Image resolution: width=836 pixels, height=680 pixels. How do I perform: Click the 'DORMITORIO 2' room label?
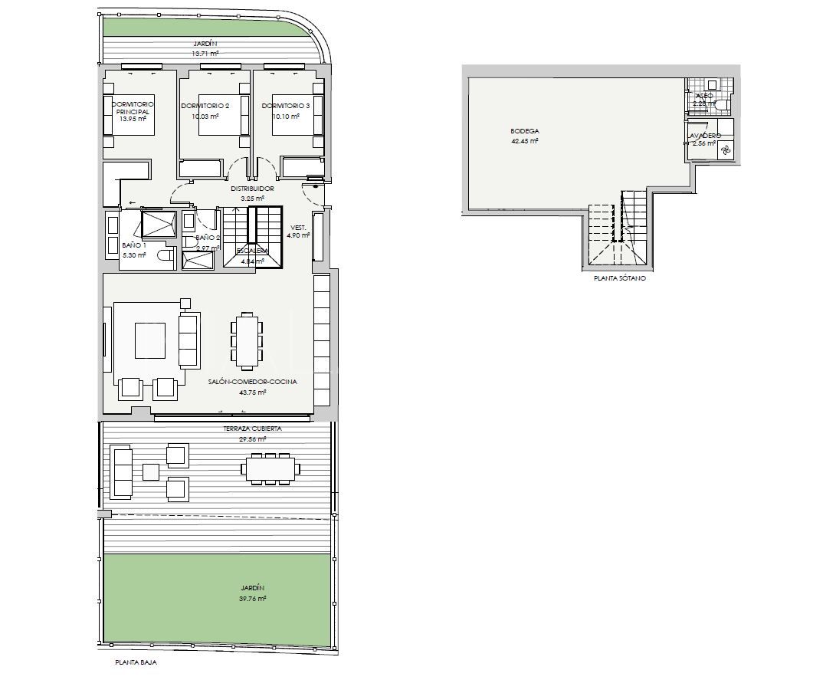(205, 106)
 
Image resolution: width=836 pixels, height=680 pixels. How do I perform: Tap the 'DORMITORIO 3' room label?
(285, 106)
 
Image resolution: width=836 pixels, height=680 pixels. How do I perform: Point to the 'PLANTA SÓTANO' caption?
(620, 279)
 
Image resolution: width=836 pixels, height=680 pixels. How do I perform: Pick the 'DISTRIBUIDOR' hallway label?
(252, 188)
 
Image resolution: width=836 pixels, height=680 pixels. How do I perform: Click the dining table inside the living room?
(246, 340)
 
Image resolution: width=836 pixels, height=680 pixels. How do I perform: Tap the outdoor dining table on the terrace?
(270, 467)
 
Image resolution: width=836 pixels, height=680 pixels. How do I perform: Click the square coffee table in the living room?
(151, 340)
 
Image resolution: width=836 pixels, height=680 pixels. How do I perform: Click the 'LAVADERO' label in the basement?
(703, 135)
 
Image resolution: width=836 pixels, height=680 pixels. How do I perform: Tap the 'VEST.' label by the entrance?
(297, 228)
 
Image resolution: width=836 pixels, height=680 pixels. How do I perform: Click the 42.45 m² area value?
(524, 141)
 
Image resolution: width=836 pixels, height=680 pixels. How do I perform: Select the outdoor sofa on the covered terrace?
(123, 471)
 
